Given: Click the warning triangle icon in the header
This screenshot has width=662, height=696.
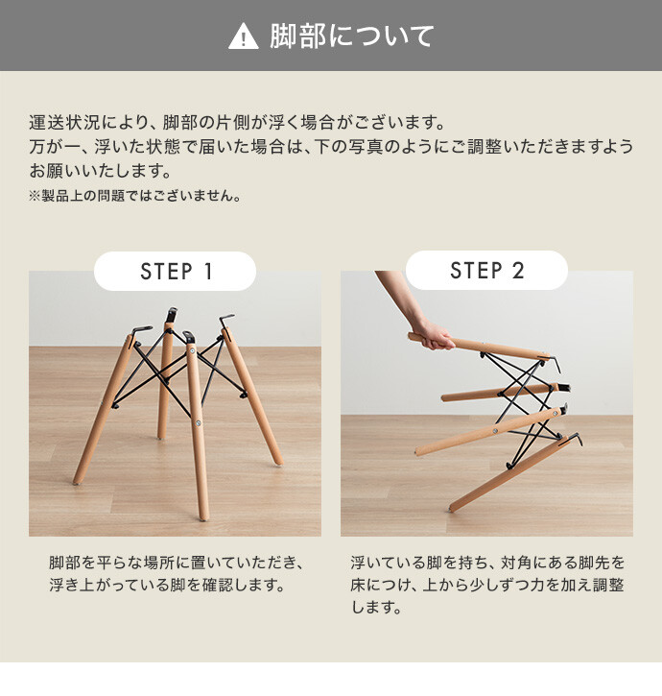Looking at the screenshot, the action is [243, 36].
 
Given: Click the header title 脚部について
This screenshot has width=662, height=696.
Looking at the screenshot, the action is [351, 36].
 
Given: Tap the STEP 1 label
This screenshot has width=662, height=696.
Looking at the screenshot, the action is [177, 272].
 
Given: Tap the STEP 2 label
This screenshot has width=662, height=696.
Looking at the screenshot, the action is [487, 271].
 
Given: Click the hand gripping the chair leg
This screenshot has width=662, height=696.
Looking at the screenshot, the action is [434, 336].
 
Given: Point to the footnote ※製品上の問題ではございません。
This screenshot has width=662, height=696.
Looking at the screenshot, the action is [135, 195].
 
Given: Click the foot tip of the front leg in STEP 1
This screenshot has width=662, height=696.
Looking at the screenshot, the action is [203, 517].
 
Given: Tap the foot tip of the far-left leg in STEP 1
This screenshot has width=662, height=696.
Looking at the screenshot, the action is [77, 481].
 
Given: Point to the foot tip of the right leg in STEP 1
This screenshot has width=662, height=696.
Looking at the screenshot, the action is [279, 463].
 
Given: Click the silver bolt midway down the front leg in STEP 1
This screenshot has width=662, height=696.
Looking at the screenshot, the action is [199, 423].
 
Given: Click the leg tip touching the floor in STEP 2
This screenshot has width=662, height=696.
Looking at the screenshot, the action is [451, 509].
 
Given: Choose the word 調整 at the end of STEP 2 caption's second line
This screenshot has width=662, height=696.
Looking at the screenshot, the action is [609, 585].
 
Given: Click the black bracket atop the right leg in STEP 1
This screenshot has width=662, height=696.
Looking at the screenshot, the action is [225, 321].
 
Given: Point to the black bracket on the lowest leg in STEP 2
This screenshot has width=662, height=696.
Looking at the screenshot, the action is [573, 440].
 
